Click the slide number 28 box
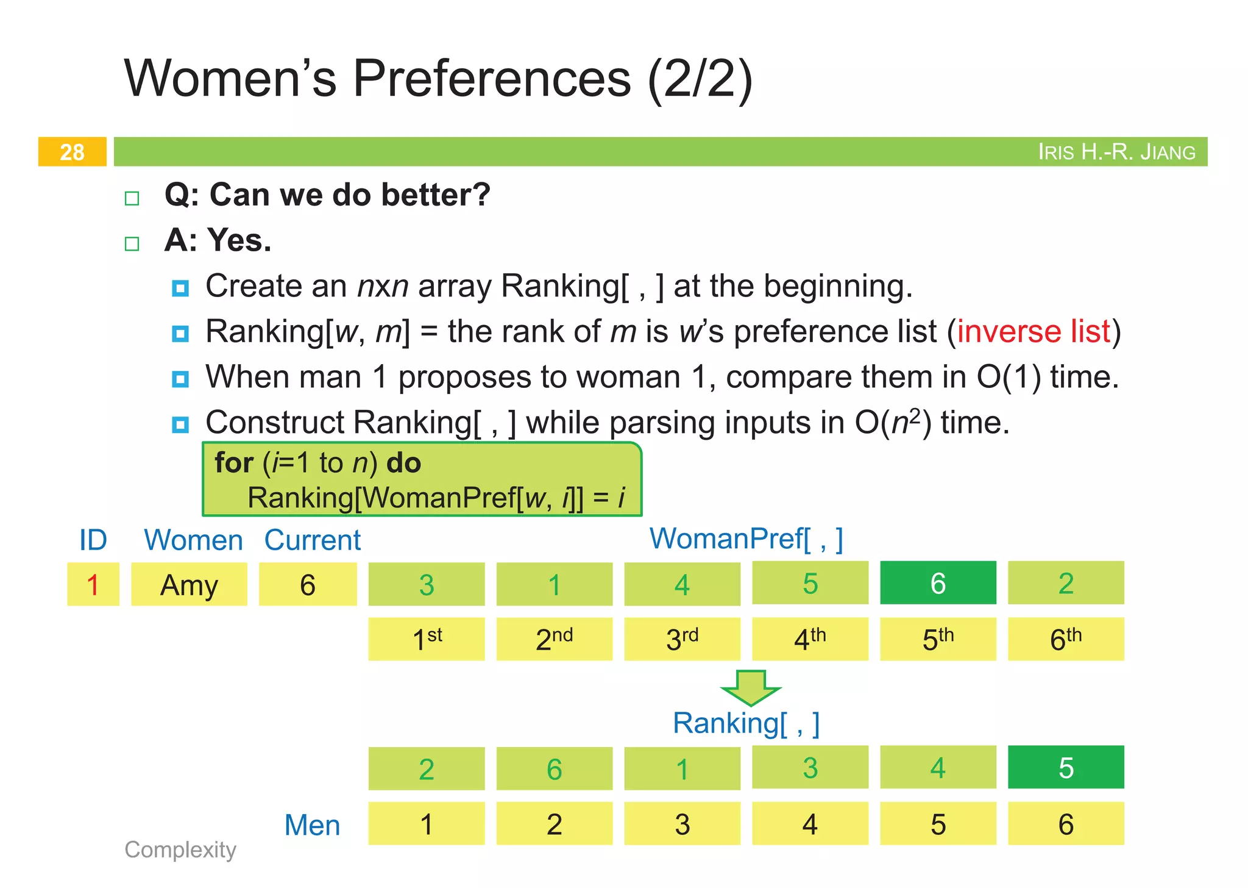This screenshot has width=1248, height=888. point(72,152)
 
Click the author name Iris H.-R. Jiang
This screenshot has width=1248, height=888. point(1116,152)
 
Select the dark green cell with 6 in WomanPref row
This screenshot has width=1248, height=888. point(938,584)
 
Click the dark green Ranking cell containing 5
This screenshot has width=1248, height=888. point(1066,768)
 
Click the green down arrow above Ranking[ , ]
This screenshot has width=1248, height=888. point(750,687)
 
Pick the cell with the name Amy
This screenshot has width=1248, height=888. point(189,585)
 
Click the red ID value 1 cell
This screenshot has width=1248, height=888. point(93,585)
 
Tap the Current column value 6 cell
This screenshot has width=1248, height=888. point(308,585)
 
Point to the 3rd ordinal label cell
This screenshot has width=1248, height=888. point(682,639)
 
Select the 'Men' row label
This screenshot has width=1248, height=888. point(312,825)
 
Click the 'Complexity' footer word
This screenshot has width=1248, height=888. point(180,850)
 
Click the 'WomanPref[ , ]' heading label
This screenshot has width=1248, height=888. point(746,539)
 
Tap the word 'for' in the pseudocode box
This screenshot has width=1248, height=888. point(233,463)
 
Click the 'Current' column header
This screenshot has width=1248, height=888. point(312,540)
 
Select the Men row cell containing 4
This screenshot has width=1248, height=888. point(810,824)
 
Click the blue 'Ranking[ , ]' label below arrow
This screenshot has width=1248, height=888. point(746,723)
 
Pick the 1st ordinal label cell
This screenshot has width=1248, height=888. point(427,639)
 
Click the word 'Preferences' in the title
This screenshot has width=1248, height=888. point(492,79)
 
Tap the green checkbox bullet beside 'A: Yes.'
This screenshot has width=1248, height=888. point(132,244)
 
